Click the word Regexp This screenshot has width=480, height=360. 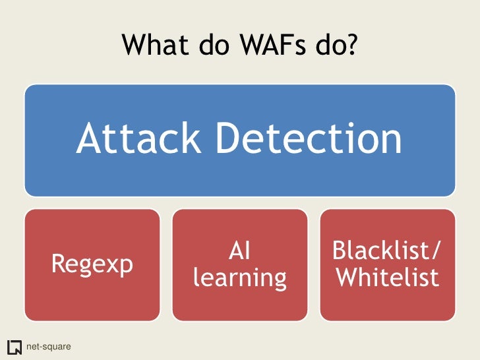click(x=92, y=264)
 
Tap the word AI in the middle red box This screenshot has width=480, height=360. click(x=239, y=251)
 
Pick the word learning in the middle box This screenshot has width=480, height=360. click(x=239, y=278)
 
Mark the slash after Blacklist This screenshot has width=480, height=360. click(x=437, y=251)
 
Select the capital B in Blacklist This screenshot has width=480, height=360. click(x=340, y=251)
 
